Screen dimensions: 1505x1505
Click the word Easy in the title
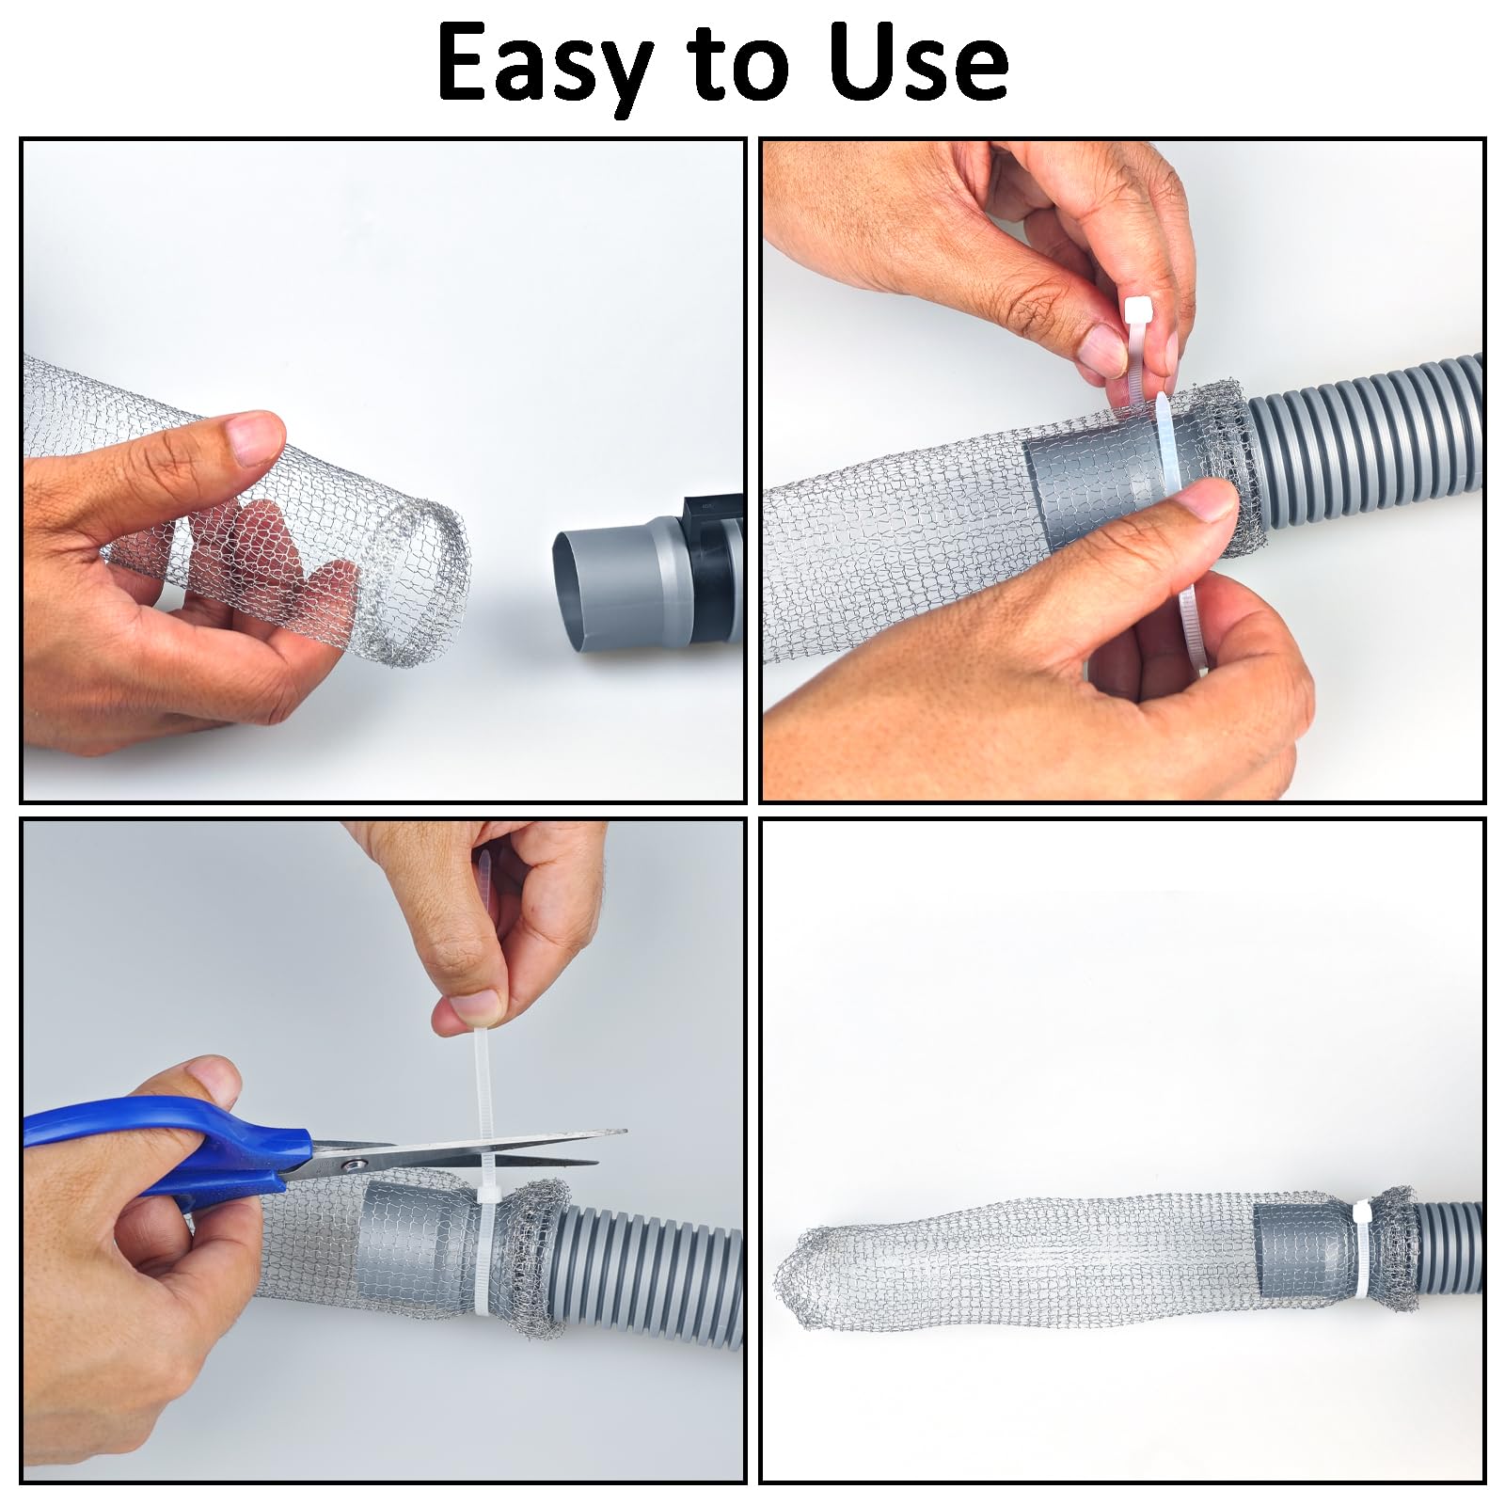(x=546, y=64)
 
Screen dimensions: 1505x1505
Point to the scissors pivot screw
(x=355, y=1165)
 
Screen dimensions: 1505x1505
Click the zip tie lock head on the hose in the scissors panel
(x=489, y=1196)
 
